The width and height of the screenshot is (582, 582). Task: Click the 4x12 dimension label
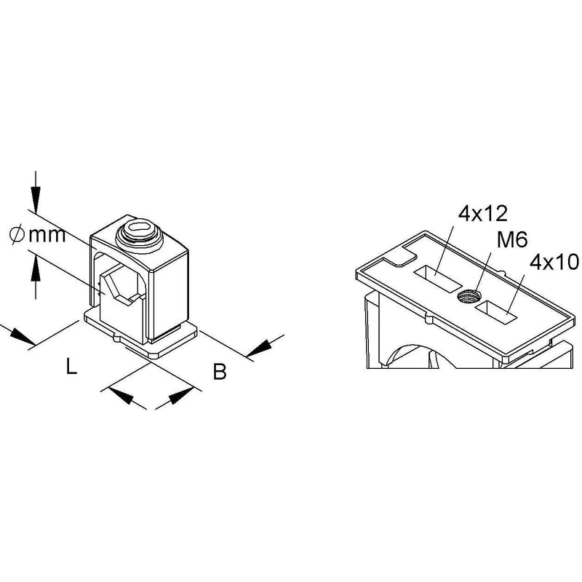tap(482, 213)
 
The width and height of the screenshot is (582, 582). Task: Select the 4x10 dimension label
tap(554, 263)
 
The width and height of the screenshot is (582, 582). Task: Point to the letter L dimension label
tap(71, 366)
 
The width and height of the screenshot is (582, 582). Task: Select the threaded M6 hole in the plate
tap(469, 297)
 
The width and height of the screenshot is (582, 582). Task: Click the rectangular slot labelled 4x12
tap(438, 278)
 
